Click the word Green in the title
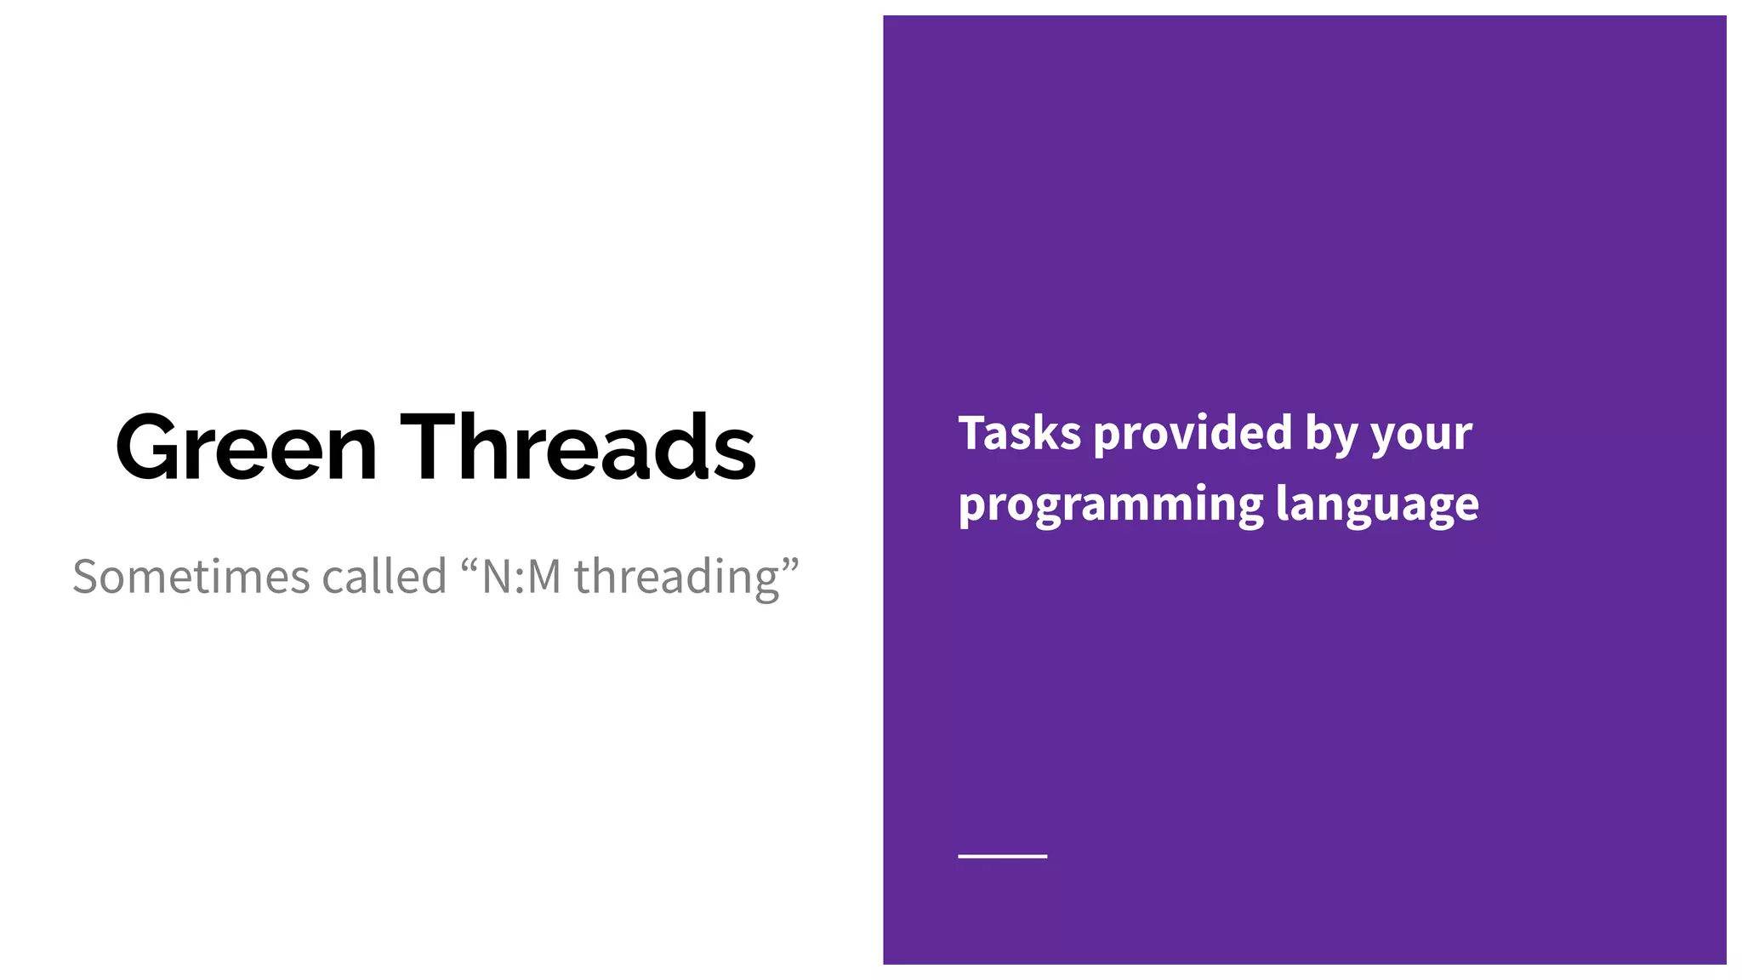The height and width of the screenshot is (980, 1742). [247, 447]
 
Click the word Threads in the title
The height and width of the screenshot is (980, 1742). [578, 447]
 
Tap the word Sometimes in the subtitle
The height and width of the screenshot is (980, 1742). [191, 577]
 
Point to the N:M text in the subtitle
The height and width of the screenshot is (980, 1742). [521, 577]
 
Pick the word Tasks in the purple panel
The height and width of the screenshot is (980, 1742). [1020, 433]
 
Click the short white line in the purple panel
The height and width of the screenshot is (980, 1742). [1002, 856]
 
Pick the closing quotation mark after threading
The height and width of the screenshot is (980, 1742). [790, 565]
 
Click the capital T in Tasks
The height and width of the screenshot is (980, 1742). [972, 433]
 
